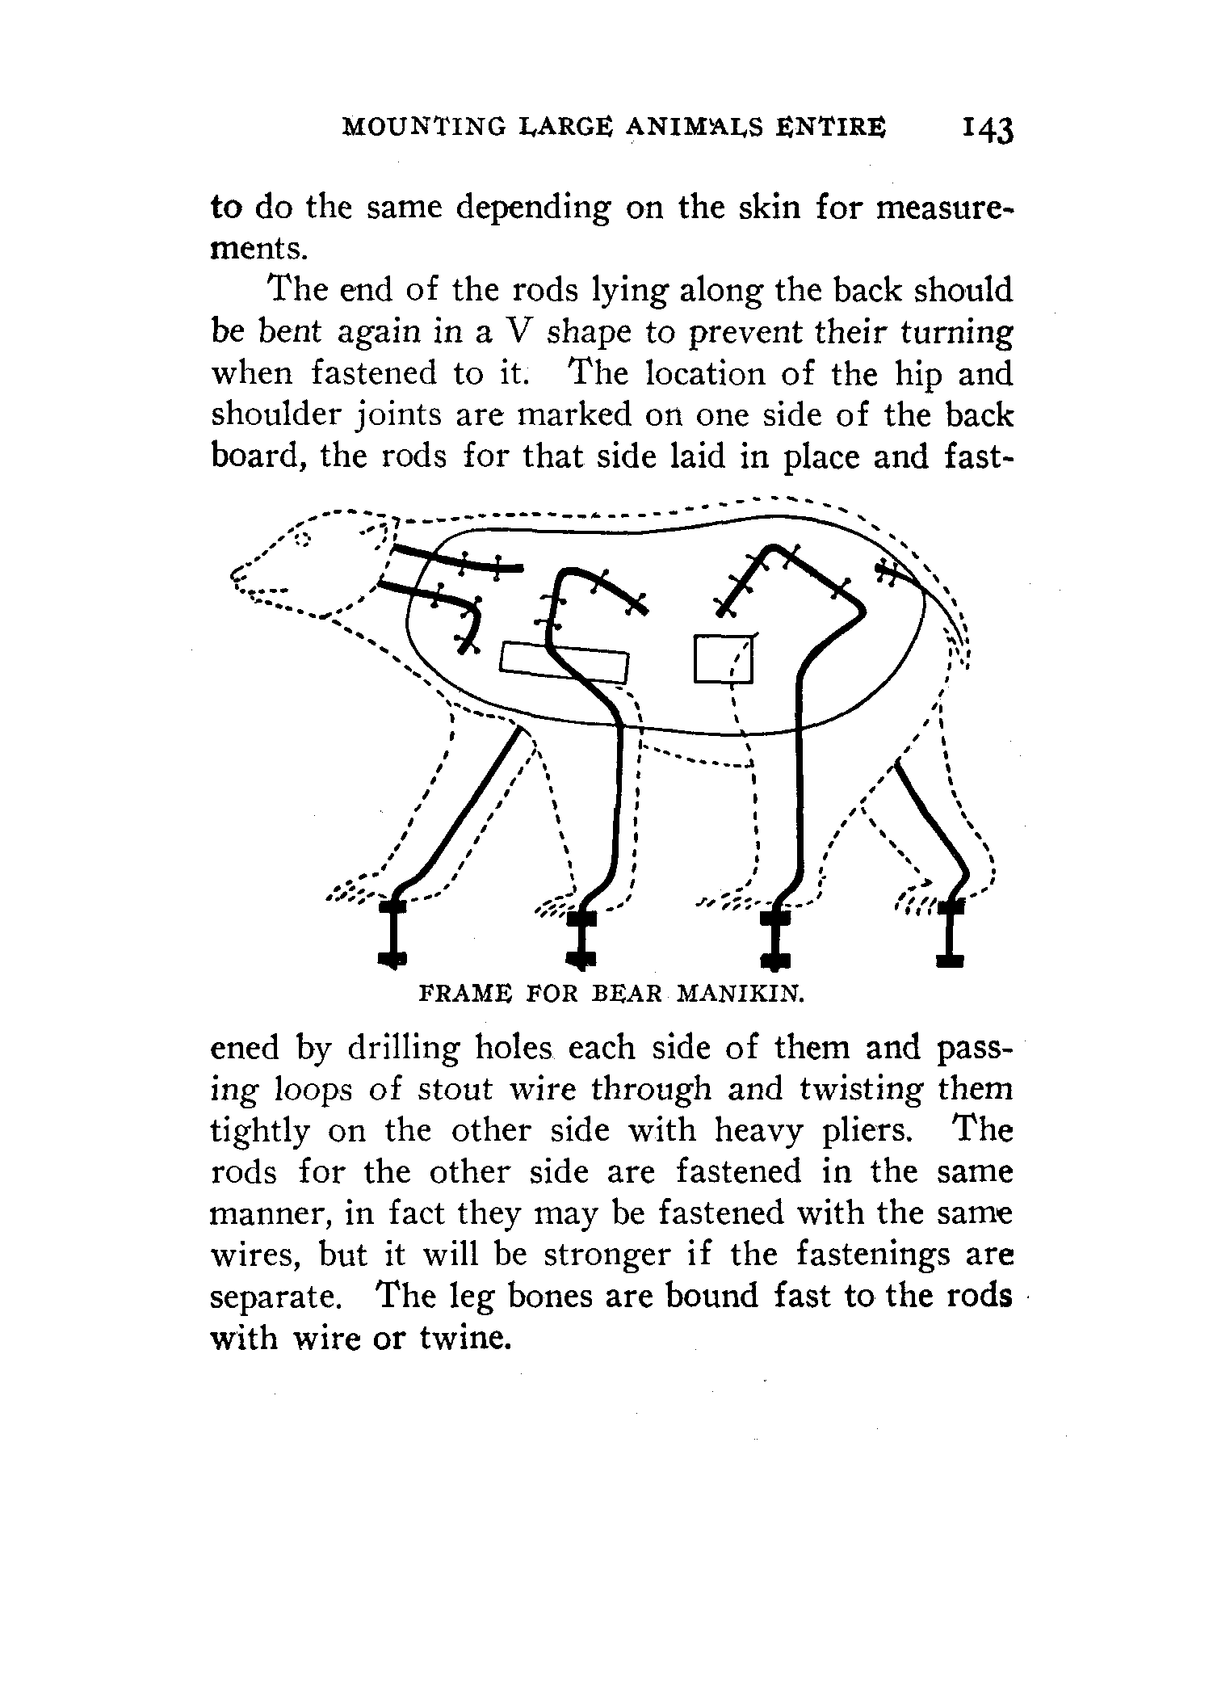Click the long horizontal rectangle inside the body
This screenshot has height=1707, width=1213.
565,662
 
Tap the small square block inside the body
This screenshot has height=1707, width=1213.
724,659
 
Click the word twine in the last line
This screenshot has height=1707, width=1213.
465,1339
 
